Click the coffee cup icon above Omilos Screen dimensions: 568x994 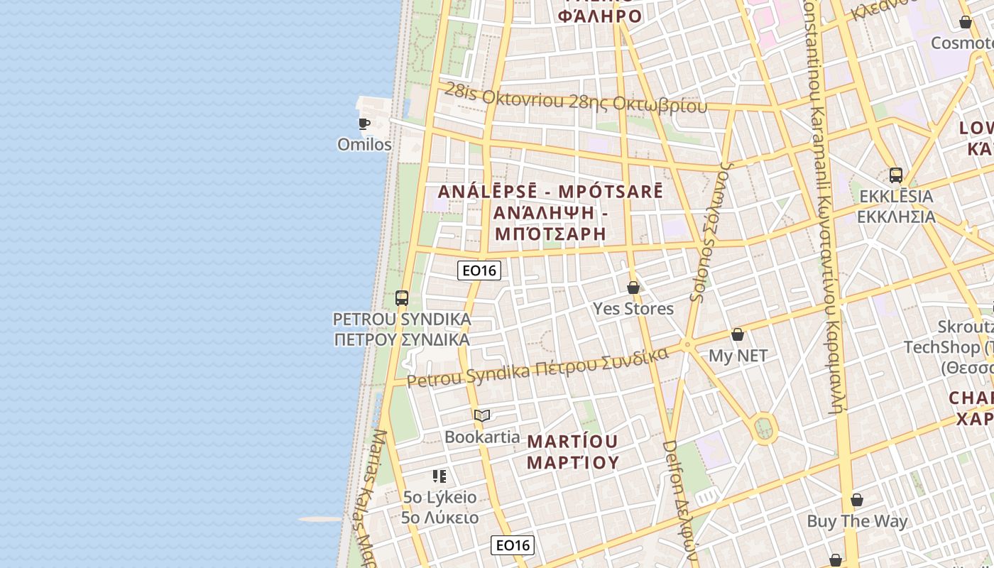[364, 124]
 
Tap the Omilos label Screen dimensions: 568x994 [364, 144]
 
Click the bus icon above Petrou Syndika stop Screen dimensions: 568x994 [402, 298]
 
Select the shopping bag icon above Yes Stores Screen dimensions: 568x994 [633, 288]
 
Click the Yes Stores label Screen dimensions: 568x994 [633, 308]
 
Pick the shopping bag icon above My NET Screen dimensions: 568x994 [738, 334]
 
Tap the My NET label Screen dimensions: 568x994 [738, 355]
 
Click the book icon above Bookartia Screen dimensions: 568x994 [482, 415]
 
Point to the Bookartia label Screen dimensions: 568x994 [482, 436]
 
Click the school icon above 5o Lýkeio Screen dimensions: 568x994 [439, 476]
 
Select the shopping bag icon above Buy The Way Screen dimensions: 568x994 [857, 500]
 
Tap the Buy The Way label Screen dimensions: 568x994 [857, 520]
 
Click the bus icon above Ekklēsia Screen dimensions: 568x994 [896, 175]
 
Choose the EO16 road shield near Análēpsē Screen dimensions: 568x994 [479, 270]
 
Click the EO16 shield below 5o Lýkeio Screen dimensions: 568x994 [513, 545]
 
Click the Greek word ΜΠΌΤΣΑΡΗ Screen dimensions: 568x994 [550, 233]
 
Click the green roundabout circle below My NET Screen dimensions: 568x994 [764, 428]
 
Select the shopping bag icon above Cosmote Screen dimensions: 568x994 [966, 23]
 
